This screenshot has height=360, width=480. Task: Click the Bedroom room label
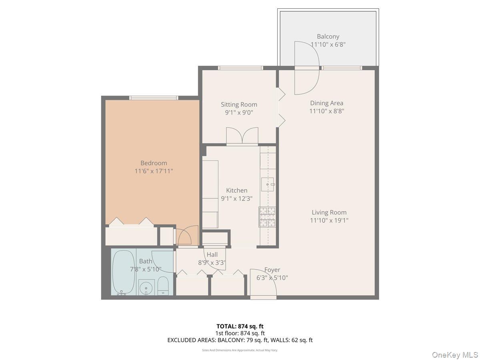(x=154, y=163)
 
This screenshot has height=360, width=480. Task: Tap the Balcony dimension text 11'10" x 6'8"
(x=328, y=45)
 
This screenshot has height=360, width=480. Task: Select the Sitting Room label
(x=239, y=105)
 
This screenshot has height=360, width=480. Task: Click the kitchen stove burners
(x=267, y=217)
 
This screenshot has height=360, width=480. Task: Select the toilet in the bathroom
(x=163, y=285)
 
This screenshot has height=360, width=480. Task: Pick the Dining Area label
(x=326, y=103)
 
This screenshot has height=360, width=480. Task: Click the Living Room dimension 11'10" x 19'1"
(x=329, y=220)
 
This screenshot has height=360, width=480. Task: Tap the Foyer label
(x=272, y=270)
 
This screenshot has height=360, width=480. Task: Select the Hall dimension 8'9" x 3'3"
(x=212, y=263)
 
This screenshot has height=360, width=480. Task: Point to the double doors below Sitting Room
(x=242, y=136)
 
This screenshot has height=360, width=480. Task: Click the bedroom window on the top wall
(x=154, y=98)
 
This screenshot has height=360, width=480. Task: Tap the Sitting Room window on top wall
(x=240, y=68)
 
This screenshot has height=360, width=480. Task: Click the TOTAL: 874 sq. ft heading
(x=240, y=326)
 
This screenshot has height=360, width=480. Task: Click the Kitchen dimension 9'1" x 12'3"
(x=237, y=198)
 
